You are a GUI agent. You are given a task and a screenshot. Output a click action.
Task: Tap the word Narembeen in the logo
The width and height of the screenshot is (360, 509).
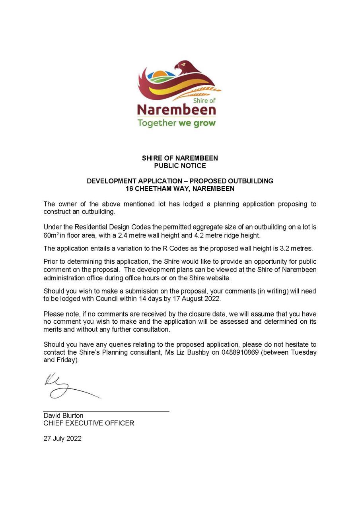[x=176, y=109]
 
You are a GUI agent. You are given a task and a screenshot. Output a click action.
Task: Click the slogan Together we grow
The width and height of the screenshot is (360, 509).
[x=176, y=123]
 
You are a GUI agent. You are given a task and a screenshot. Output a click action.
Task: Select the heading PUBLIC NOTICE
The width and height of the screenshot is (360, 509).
[x=180, y=166]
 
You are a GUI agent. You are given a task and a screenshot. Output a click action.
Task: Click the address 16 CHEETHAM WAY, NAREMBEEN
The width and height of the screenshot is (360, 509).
[x=180, y=188]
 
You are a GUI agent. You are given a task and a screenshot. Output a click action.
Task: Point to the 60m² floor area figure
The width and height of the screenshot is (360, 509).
[x=51, y=235]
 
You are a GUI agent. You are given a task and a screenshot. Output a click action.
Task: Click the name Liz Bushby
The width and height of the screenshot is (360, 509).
[x=193, y=352]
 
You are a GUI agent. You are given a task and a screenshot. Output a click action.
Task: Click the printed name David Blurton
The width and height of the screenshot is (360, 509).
[x=63, y=416]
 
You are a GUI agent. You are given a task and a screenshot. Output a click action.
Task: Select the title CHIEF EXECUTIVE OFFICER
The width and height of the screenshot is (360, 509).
[x=89, y=423]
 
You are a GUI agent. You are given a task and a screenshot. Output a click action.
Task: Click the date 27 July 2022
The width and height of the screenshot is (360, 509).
[x=62, y=439]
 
